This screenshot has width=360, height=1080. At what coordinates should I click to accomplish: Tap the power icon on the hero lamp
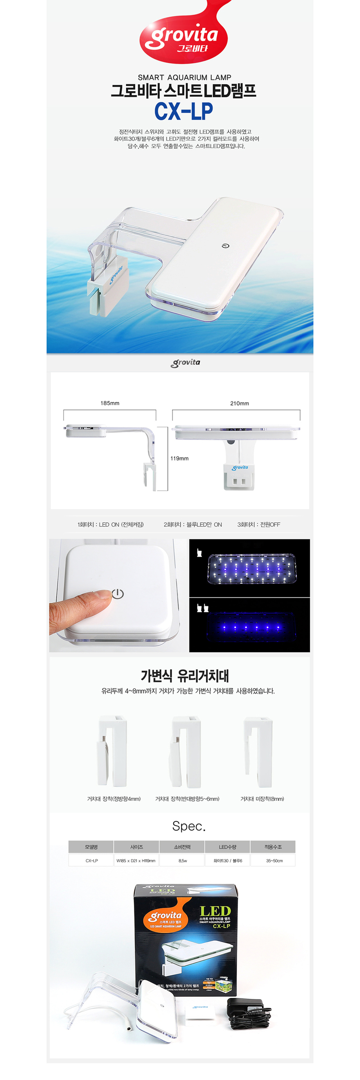225,246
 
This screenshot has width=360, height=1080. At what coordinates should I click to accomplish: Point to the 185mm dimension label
110,403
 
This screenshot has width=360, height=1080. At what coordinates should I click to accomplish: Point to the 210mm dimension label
239,403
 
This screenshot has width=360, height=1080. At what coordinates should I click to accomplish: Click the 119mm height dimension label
179,458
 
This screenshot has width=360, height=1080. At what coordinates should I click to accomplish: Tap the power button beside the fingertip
118,594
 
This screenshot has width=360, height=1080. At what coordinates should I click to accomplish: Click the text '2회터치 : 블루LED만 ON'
193,525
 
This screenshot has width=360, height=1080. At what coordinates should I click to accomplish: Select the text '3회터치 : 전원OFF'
259,525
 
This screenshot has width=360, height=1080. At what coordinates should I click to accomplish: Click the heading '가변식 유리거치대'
185,676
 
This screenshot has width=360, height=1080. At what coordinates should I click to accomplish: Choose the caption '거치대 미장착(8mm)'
262,799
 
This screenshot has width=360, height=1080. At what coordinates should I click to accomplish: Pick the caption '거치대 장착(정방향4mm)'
113,799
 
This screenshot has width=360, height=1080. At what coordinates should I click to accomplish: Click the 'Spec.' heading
189,826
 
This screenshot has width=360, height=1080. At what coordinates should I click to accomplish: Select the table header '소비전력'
183,847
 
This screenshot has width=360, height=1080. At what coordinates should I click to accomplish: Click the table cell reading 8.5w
183,861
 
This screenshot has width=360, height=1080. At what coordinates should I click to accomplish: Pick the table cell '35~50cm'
274,861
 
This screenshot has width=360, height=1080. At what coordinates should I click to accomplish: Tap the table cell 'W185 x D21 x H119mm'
136,861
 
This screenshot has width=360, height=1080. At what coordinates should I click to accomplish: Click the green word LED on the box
215,911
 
